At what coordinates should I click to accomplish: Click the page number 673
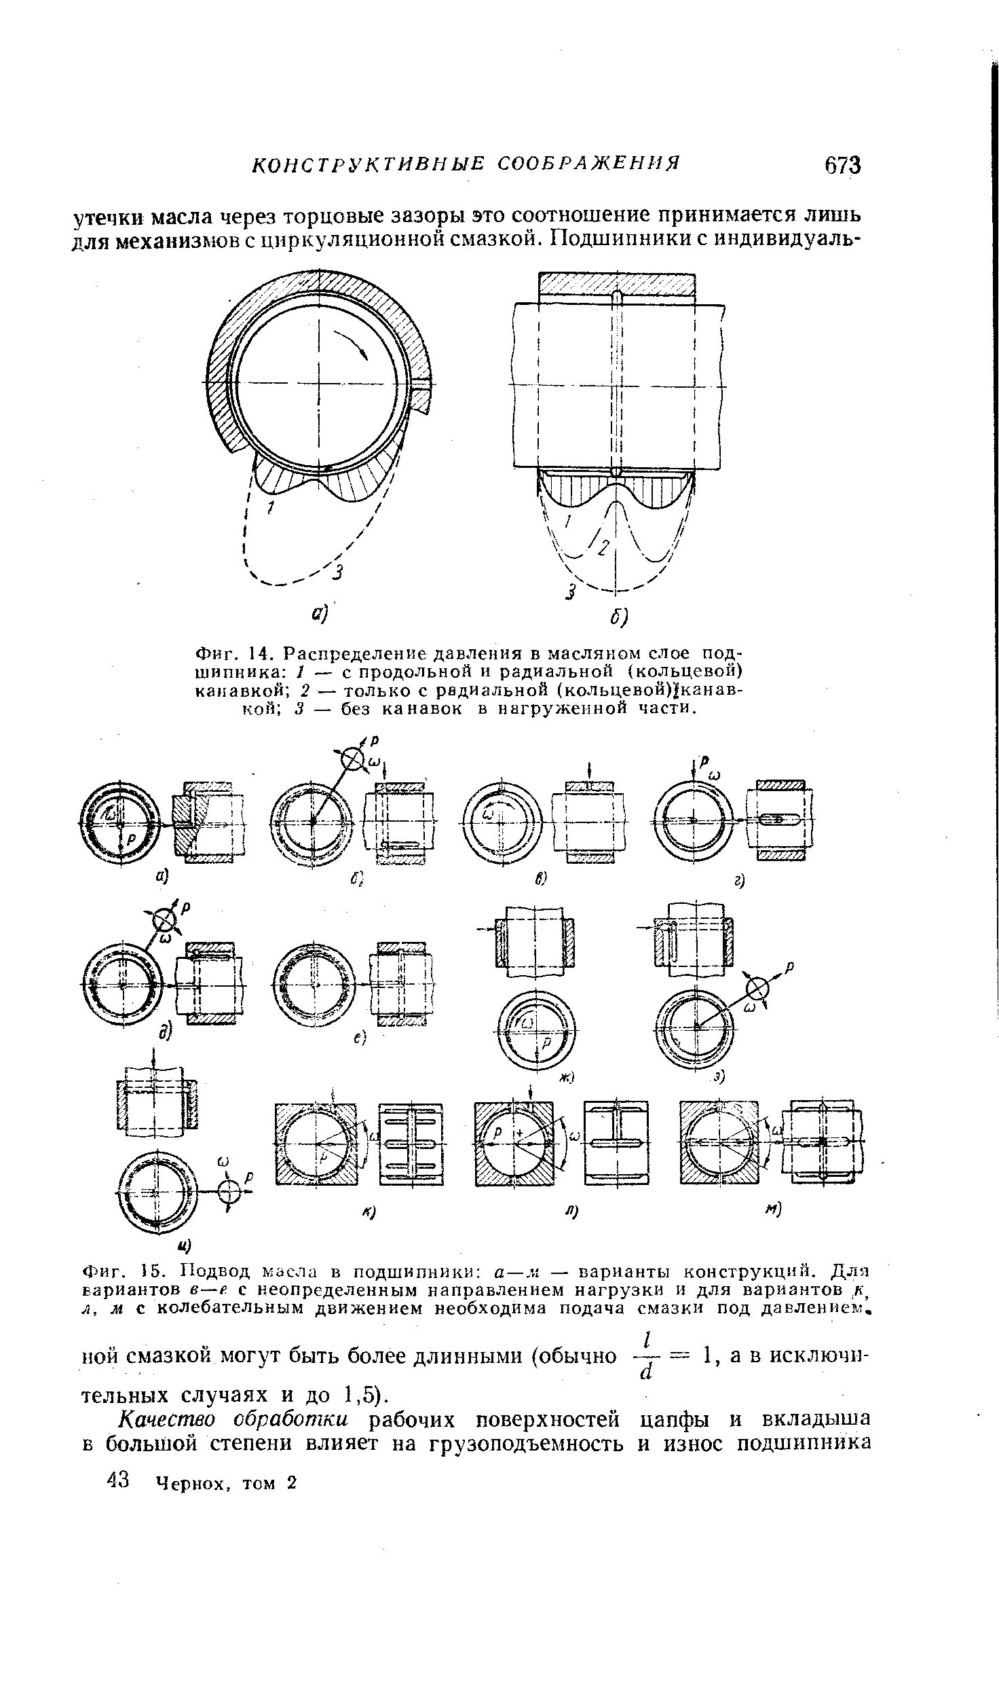[x=842, y=165]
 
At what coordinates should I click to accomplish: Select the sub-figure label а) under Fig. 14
[x=320, y=614]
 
